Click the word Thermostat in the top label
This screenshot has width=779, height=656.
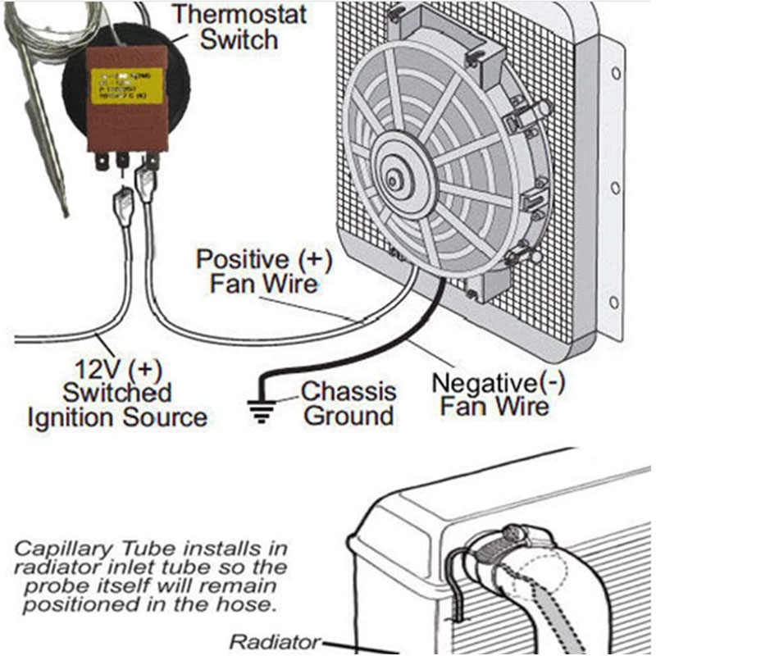(x=239, y=14)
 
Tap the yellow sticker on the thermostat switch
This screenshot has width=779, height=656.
(x=126, y=85)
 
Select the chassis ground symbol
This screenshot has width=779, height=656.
(x=261, y=407)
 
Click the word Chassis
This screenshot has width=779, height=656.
(x=348, y=391)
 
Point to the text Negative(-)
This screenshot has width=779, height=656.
(x=498, y=382)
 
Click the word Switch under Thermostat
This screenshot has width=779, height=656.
(x=239, y=39)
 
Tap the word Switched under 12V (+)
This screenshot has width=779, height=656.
(x=116, y=392)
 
